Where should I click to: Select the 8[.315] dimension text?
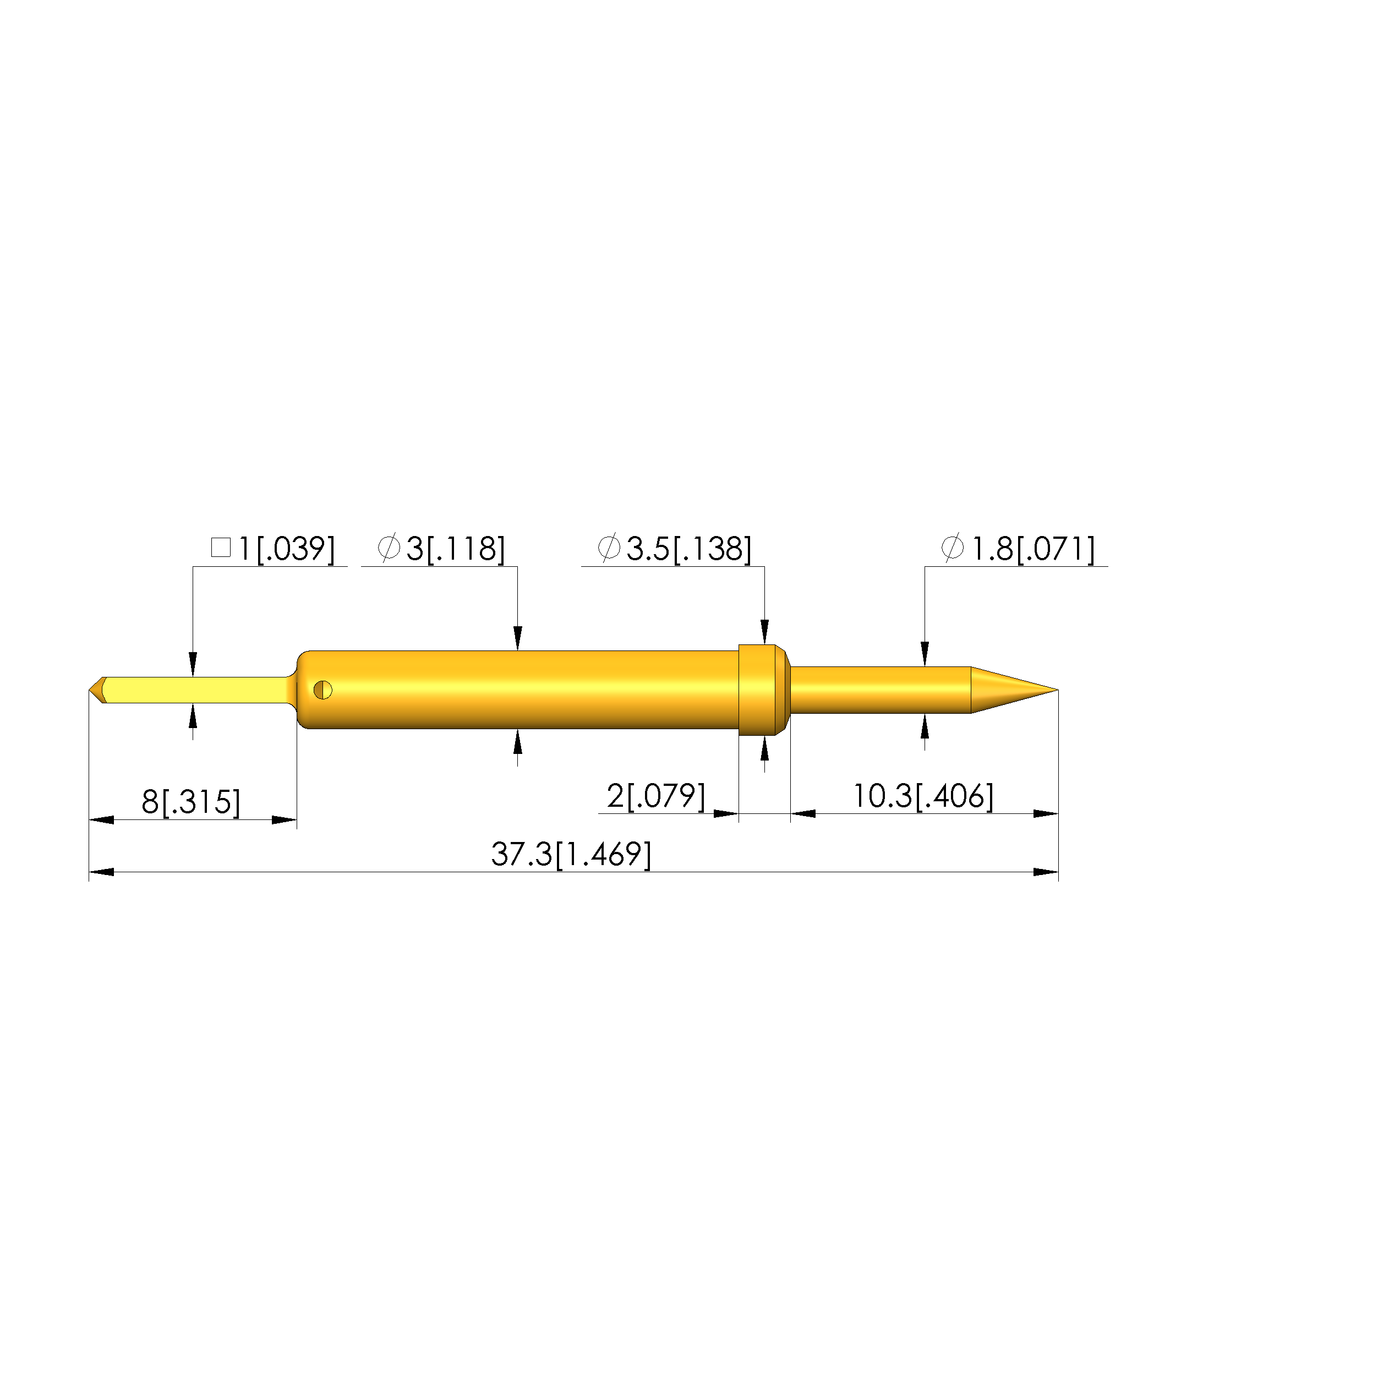pyautogui.click(x=190, y=802)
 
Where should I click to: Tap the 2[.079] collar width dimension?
pyautogui.click(x=655, y=796)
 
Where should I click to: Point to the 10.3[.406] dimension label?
pyautogui.click(x=923, y=796)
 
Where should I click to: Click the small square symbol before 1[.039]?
pyautogui.click(x=221, y=548)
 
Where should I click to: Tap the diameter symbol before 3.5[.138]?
pyautogui.click(x=609, y=548)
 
